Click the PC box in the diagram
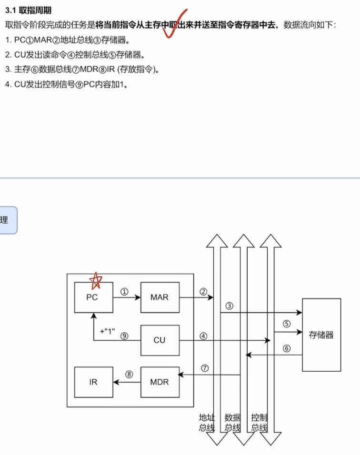coord(93,297)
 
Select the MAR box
coord(160,297)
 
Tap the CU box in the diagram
coord(160,340)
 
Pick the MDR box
coord(160,382)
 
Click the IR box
coord(93,382)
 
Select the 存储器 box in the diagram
coord(321,335)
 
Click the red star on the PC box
coord(96,281)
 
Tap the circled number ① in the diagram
coord(125,292)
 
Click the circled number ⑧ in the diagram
coord(128,374)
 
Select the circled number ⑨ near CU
coord(125,336)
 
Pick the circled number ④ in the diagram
coord(204,336)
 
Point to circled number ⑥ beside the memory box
coord(286,348)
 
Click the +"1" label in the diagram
coord(108,331)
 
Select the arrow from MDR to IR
coord(127,382)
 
